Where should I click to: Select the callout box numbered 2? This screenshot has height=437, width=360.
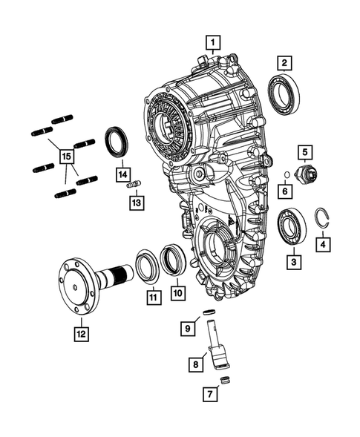[x=285, y=62]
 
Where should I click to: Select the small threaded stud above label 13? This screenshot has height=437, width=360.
[x=134, y=185]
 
